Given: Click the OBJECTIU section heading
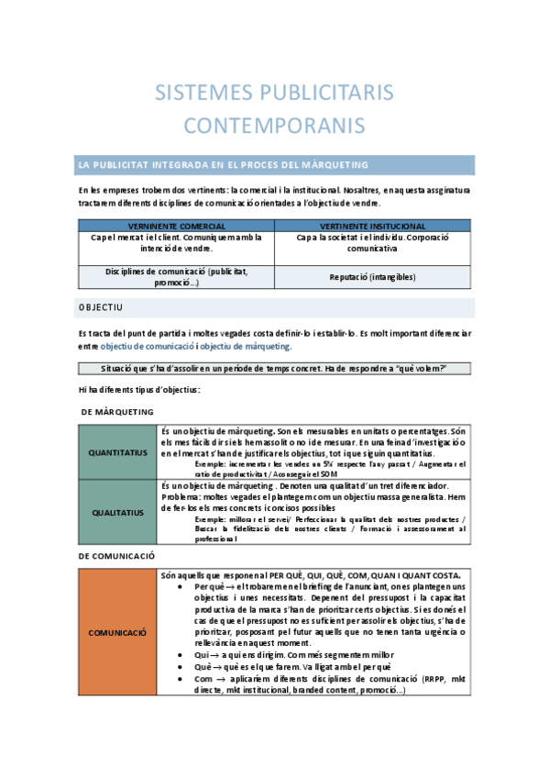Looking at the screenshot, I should (x=101, y=307).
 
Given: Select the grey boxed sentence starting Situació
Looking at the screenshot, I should (x=275, y=369).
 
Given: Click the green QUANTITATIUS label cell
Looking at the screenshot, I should (x=117, y=453).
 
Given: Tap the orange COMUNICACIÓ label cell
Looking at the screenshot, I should (x=117, y=632).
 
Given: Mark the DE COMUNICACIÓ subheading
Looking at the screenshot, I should (x=116, y=556).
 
